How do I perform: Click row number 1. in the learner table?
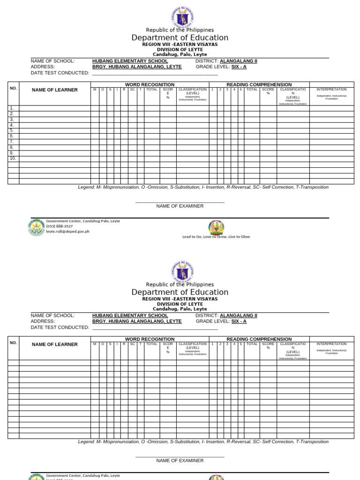(x=12, y=108)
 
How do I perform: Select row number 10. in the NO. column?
(x=13, y=158)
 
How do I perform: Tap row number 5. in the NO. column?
(x=12, y=130)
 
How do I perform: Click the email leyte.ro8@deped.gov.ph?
(x=67, y=231)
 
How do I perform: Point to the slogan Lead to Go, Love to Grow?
(x=216, y=237)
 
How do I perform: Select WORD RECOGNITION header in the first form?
(x=150, y=84)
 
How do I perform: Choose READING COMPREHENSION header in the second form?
(x=259, y=339)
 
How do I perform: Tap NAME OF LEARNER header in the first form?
(x=55, y=90)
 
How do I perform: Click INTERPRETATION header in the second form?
(x=331, y=344)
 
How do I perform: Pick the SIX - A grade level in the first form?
(x=239, y=67)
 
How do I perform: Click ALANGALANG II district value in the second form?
(x=239, y=315)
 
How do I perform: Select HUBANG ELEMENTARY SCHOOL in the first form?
(x=130, y=61)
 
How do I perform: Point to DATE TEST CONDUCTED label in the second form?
(x=60, y=327)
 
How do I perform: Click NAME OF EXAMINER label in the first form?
(x=180, y=206)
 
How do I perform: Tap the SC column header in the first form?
(x=132, y=89)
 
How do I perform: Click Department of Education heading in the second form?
(x=180, y=292)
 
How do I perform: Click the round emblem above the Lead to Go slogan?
(x=216, y=227)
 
